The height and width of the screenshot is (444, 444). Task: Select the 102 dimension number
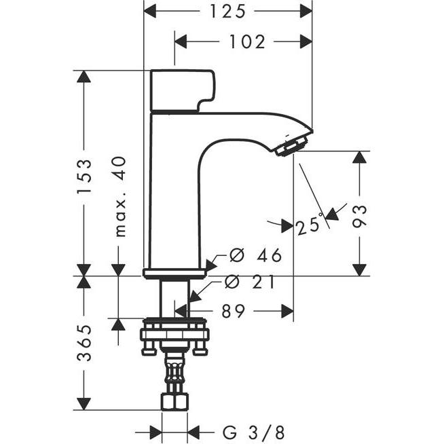(246, 42)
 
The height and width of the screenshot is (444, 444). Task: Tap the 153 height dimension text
(84, 177)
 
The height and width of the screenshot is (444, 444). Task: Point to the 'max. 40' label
(119, 196)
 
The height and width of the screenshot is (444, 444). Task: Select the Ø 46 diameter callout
(255, 256)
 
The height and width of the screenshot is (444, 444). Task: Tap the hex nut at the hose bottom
(174, 401)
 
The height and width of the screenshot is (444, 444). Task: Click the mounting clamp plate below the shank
(174, 334)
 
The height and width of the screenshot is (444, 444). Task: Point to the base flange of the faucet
(174, 274)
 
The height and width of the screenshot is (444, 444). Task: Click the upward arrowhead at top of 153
(84, 77)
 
